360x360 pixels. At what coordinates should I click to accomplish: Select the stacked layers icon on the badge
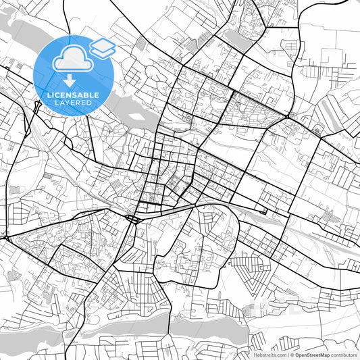point(102,47)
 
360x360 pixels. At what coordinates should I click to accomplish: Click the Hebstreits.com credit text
point(271,354)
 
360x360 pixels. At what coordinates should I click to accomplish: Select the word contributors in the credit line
point(344,354)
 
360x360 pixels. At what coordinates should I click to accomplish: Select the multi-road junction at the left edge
point(5,237)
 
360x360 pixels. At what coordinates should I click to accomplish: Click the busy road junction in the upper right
point(288,118)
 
